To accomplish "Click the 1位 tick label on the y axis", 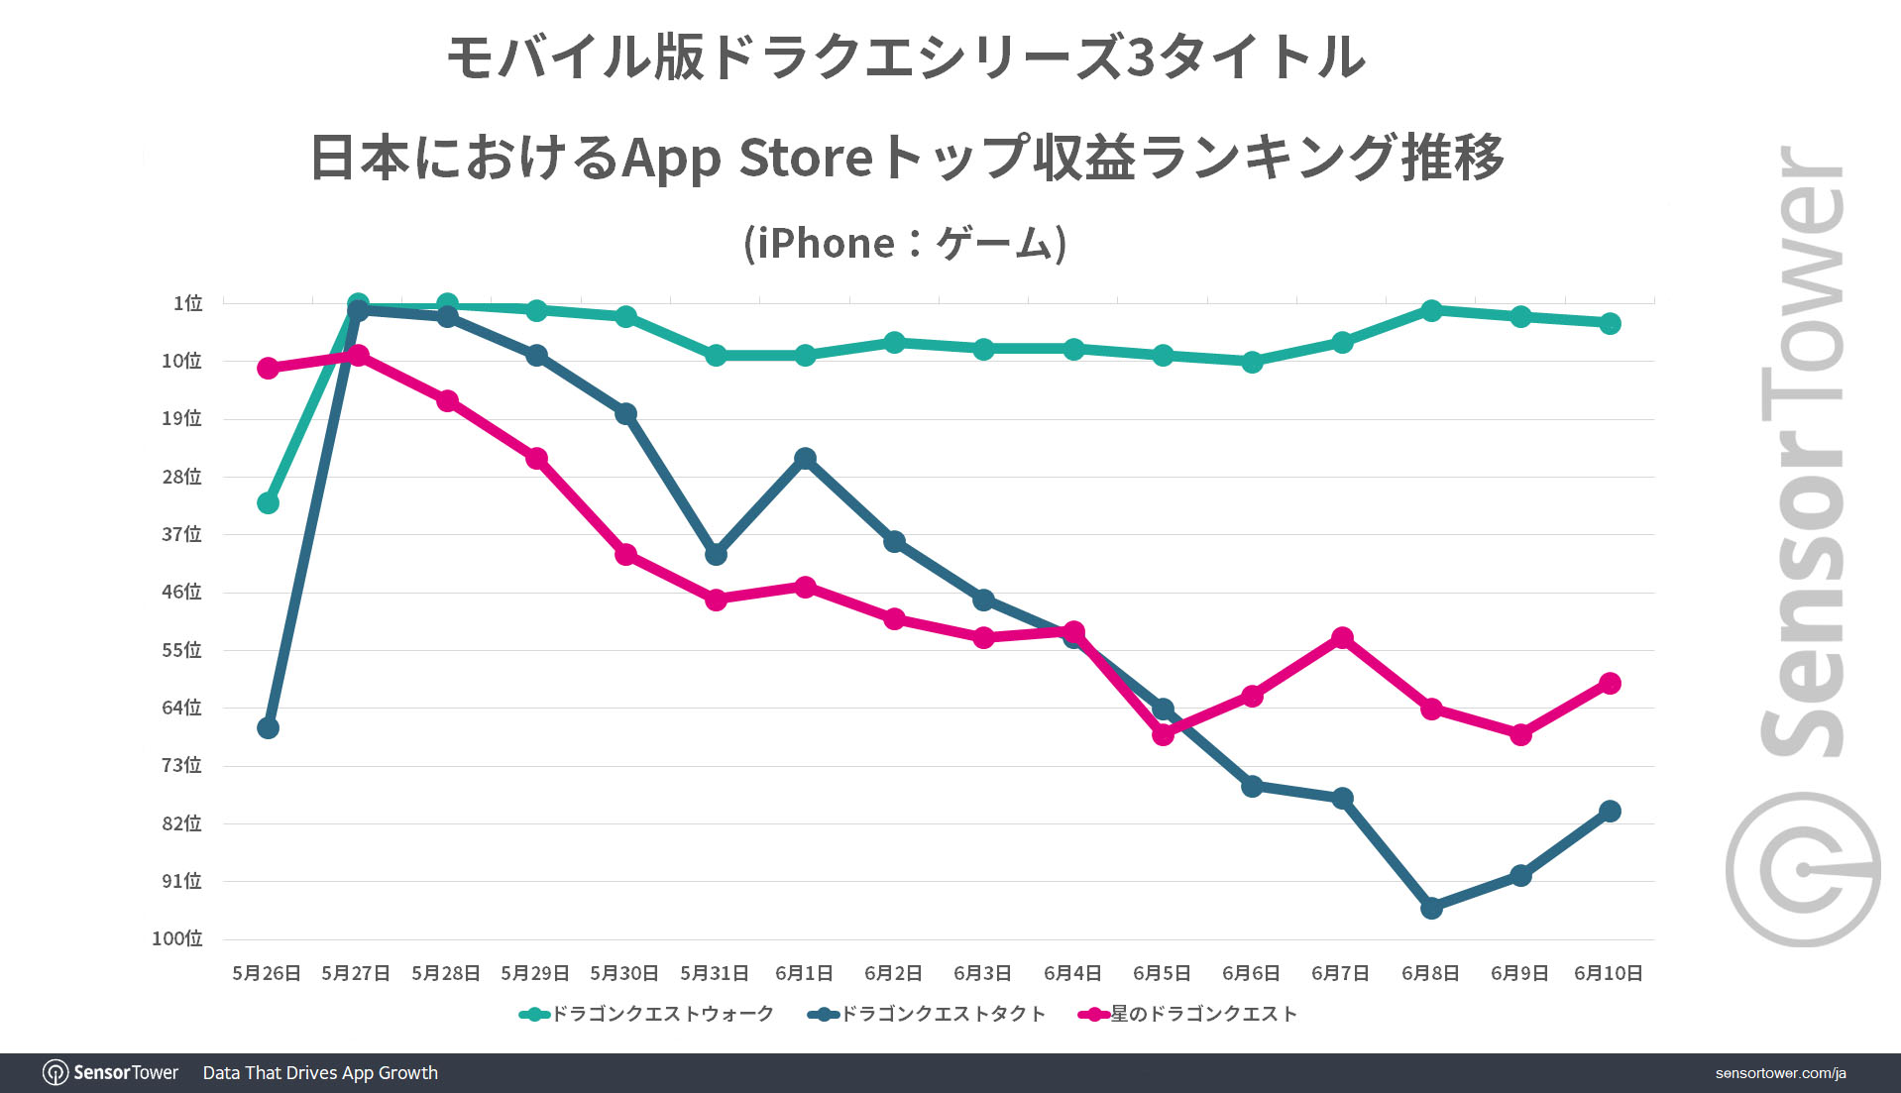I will tap(187, 303).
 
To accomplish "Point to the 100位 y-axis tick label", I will tap(177, 938).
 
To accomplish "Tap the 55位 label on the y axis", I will tap(182, 650).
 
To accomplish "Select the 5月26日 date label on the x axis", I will tap(267, 973).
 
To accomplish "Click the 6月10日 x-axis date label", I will tap(1608, 973).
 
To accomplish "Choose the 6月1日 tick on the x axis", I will tap(804, 973).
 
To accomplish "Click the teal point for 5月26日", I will tap(268, 503).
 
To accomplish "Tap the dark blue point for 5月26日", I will tap(268, 728).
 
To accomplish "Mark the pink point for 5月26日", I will tap(268, 369).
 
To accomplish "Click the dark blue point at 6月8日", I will tap(1431, 908).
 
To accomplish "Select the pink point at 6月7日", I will tap(1342, 638).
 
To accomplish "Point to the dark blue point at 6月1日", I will tap(805, 459).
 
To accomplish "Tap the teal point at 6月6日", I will tap(1252, 363).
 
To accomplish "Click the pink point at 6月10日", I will tap(1610, 684).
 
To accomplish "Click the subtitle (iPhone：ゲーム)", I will tap(905, 244).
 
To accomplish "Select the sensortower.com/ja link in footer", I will tap(1780, 1073).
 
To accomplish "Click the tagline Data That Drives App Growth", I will tap(320, 1073).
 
